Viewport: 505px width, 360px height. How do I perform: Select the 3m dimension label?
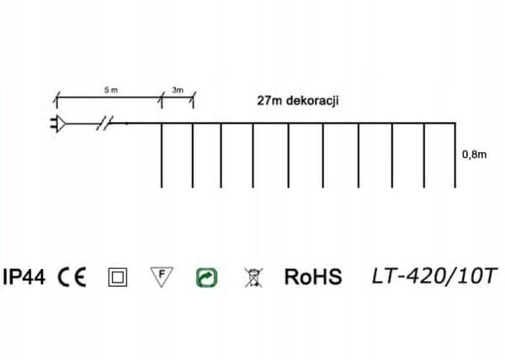(x=177, y=88)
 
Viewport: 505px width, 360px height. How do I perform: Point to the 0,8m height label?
(x=474, y=155)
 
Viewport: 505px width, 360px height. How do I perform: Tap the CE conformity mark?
(x=72, y=277)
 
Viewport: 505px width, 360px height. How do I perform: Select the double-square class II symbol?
(x=117, y=277)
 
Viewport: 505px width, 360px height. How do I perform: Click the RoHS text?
(x=313, y=277)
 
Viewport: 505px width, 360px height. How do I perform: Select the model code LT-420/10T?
(x=423, y=276)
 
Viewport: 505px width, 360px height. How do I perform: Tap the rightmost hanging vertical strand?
(x=455, y=156)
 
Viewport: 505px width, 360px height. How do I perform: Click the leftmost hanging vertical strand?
(x=161, y=156)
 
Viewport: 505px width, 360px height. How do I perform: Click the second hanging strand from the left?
(x=193, y=156)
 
